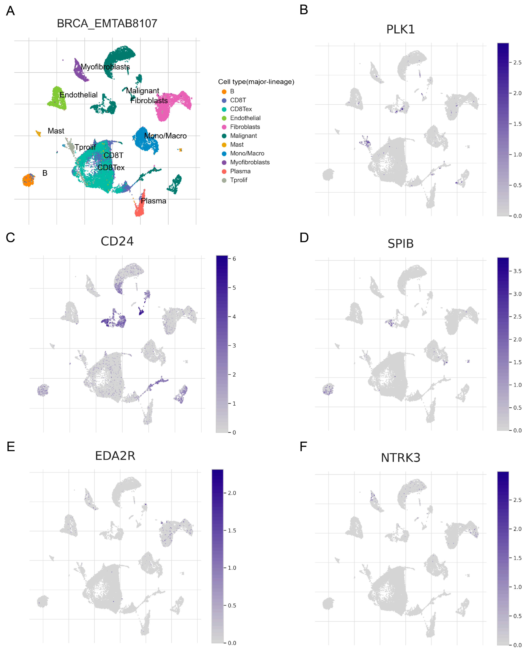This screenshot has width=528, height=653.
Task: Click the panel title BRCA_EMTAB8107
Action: (107, 23)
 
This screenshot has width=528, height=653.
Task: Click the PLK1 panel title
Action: (400, 29)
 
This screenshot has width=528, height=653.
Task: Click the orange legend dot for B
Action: (224, 92)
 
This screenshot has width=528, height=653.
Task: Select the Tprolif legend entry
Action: (238, 180)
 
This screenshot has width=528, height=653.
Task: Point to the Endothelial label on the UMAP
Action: (79, 95)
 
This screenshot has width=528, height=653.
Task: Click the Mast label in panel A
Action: (56, 131)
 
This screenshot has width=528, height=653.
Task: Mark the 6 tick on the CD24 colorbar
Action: (234, 259)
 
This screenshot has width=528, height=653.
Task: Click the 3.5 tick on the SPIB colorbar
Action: (517, 271)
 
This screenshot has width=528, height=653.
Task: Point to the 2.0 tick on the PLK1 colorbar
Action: (517, 93)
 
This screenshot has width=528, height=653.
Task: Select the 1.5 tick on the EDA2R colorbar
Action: (232, 530)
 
